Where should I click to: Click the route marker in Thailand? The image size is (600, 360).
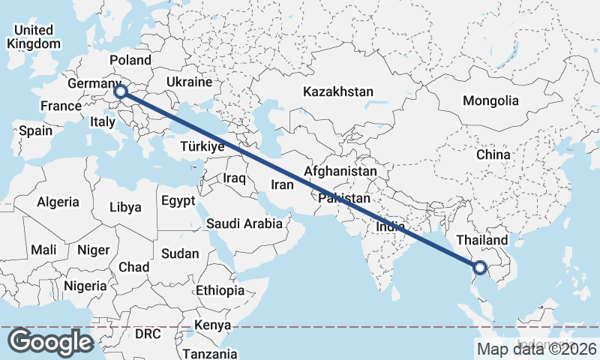pyautogui.click(x=480, y=266)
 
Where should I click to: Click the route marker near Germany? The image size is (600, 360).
pyautogui.click(x=121, y=93)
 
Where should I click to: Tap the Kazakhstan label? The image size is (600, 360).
pyautogui.click(x=338, y=91)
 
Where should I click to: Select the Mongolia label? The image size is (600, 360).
pyautogui.click(x=490, y=100)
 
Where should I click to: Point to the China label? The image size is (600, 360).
pyautogui.click(x=493, y=154)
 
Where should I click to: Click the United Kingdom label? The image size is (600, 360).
pyautogui.click(x=33, y=37)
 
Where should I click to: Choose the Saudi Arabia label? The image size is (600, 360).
pyautogui.click(x=244, y=223)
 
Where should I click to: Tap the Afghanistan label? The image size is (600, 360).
pyautogui.click(x=340, y=172)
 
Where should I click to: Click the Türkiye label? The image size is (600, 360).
pyautogui.click(x=202, y=147)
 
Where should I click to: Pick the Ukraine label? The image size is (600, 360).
pyautogui.click(x=190, y=82)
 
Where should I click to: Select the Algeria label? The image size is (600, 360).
pyautogui.click(x=58, y=202)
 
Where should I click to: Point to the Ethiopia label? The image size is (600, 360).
pyautogui.click(x=220, y=290)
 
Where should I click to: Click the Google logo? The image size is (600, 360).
pyautogui.click(x=50, y=342)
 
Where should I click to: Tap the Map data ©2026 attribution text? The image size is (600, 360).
pyautogui.click(x=537, y=349)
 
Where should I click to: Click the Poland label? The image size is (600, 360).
pyautogui.click(x=130, y=60)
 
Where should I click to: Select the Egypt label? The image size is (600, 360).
pyautogui.click(x=178, y=201)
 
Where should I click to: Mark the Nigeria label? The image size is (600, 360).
pyautogui.click(x=85, y=285)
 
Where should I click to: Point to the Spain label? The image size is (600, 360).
pyautogui.click(x=36, y=130)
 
